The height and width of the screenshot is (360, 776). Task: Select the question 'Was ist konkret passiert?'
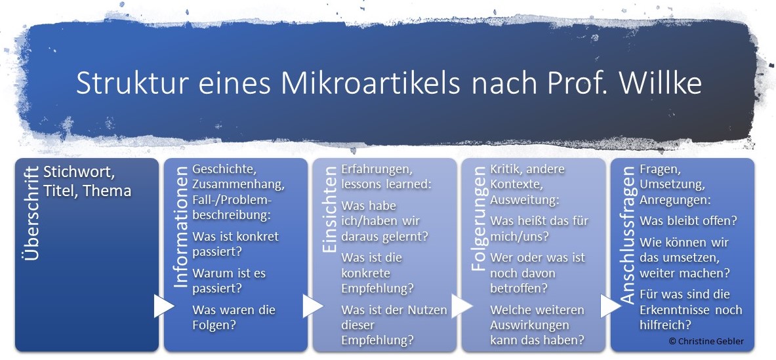tap(235, 243)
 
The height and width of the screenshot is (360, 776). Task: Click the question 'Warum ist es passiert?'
tap(228, 280)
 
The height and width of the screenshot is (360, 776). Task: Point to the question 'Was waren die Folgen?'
tap(234, 317)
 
